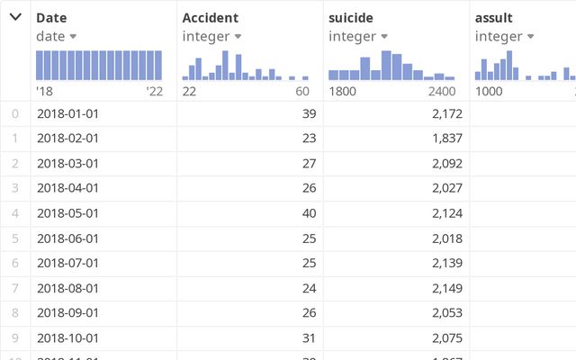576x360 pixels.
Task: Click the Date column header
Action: (51, 18)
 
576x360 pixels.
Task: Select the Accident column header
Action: (210, 18)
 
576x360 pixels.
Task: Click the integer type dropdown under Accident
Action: (211, 36)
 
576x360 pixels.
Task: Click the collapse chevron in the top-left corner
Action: (15, 17)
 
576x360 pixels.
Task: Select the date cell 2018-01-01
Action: (68, 113)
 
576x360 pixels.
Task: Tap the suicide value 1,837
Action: (446, 138)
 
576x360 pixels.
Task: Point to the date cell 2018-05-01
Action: (68, 213)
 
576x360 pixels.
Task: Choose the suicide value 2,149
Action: (446, 288)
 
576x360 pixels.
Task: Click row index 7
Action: (15, 288)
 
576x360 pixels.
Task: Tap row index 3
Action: (15, 188)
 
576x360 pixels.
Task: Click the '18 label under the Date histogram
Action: (44, 91)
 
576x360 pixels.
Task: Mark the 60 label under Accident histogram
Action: (302, 91)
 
